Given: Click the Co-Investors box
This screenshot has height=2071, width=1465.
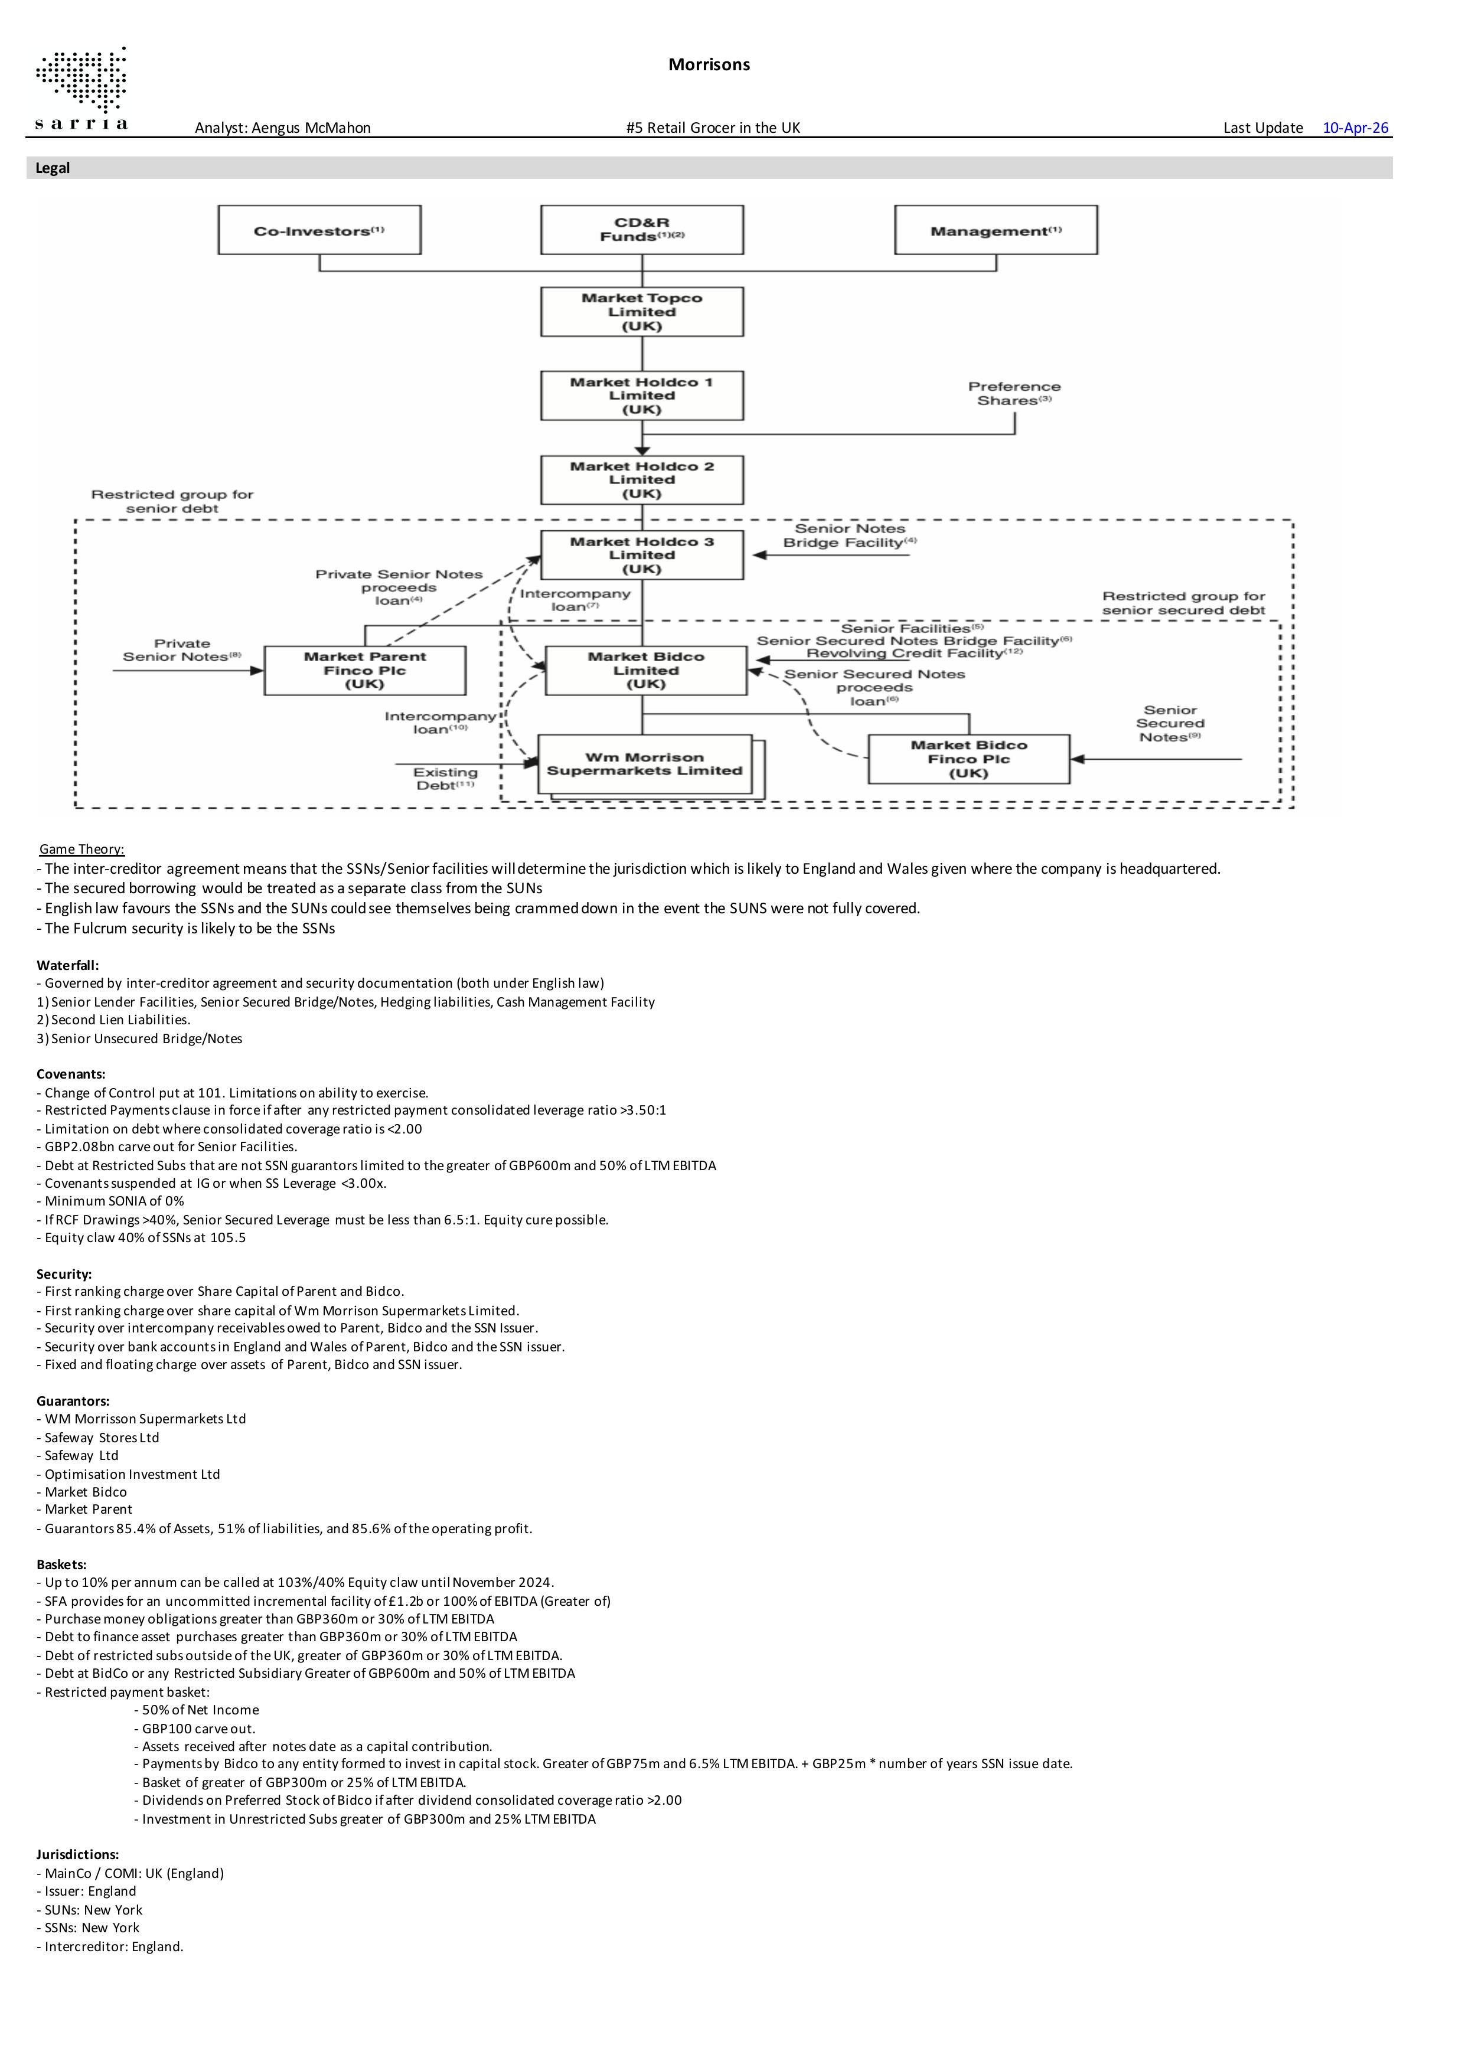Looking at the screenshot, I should [x=319, y=230].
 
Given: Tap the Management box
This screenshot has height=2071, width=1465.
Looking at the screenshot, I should [x=996, y=230].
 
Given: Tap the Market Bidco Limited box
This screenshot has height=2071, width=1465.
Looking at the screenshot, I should [x=646, y=670].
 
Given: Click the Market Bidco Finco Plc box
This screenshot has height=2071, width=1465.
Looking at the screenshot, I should [x=969, y=759].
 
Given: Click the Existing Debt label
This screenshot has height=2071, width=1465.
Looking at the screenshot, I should [x=445, y=779].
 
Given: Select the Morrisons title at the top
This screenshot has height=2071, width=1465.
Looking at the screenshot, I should [x=709, y=64].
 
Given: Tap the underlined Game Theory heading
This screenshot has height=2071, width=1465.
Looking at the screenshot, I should [x=82, y=849].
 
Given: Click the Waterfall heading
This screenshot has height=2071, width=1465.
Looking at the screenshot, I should [x=68, y=965].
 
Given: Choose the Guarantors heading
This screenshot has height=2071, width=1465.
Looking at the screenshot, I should [x=73, y=1401].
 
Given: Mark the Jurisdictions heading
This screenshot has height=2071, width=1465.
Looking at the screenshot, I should [x=77, y=1854].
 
